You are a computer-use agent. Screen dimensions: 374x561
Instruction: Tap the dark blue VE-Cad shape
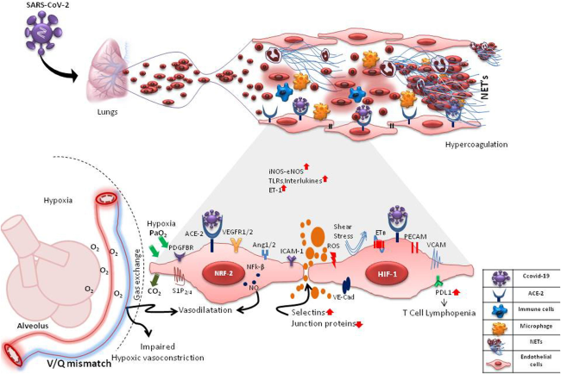point(345,284)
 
